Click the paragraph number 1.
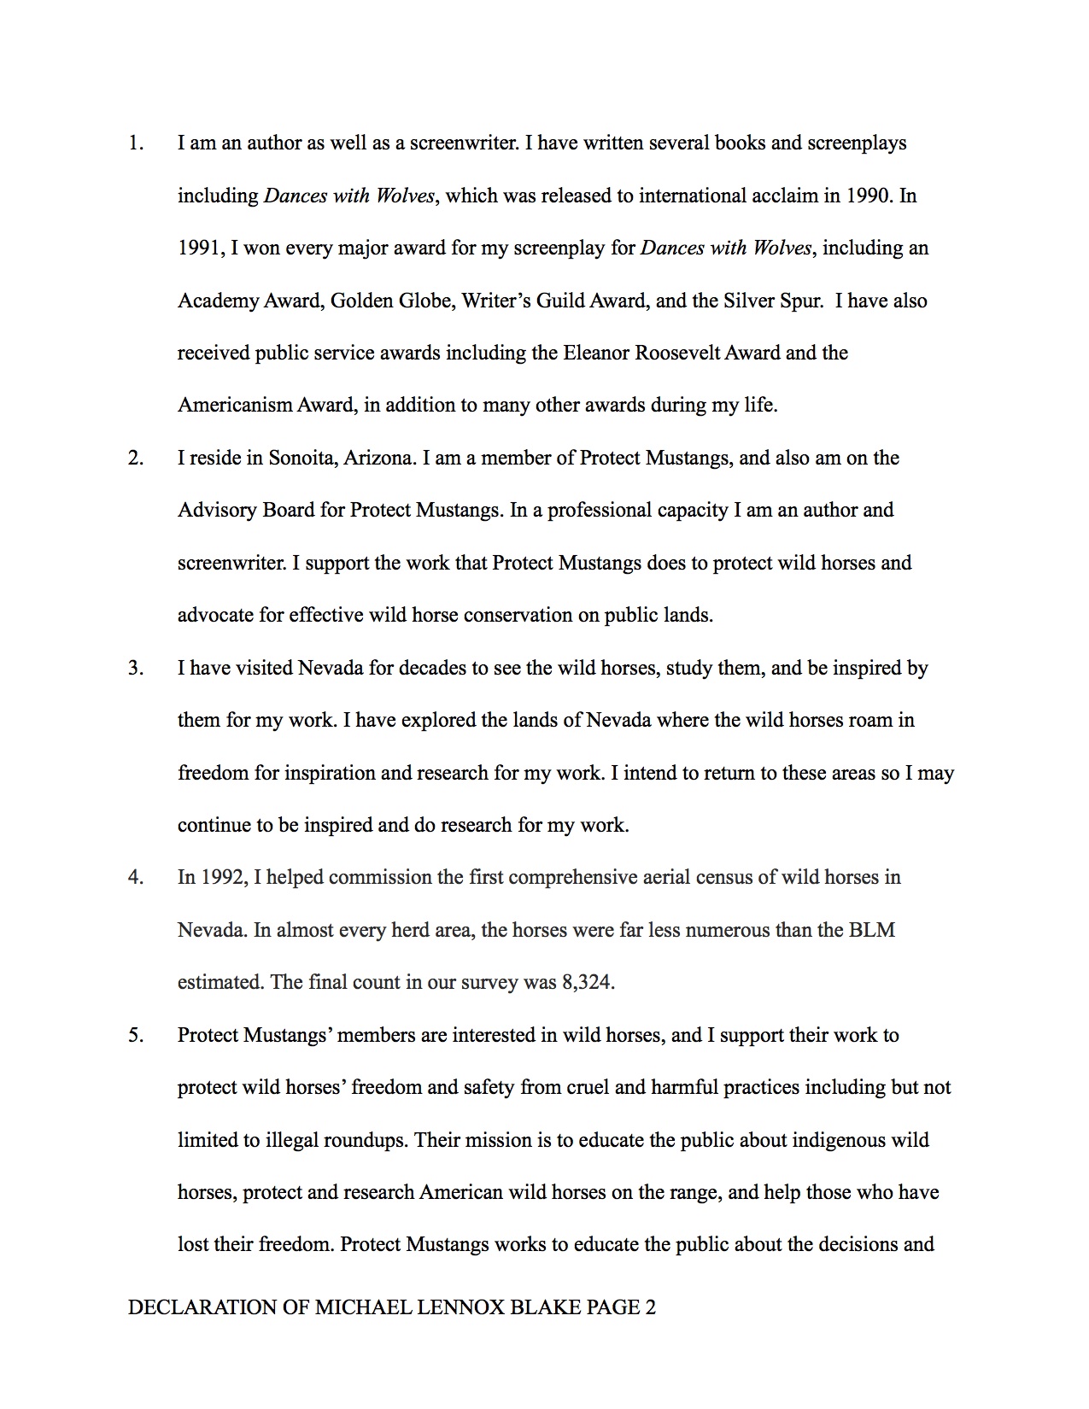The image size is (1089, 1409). (x=135, y=143)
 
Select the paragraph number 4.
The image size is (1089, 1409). (x=135, y=877)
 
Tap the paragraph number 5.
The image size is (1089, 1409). (x=135, y=1035)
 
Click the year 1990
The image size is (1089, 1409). (x=869, y=196)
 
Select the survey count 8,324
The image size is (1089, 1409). (x=587, y=982)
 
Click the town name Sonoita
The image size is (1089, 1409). (x=302, y=458)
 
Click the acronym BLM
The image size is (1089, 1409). (x=871, y=930)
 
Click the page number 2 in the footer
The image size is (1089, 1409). (x=650, y=1307)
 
